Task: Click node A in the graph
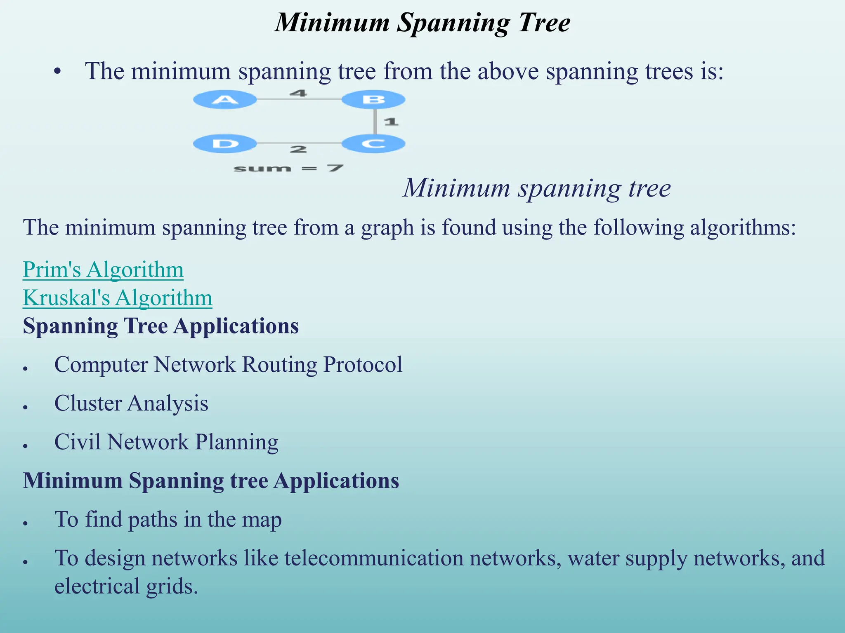click(225, 99)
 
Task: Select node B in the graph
click(373, 100)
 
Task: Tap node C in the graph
click(373, 144)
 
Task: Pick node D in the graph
click(225, 144)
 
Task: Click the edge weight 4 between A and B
click(298, 93)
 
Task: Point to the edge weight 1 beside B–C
click(391, 122)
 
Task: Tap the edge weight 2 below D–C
click(298, 149)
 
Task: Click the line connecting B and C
click(375, 122)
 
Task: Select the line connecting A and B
click(299, 99)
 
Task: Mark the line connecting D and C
click(299, 143)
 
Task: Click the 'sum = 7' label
click(288, 168)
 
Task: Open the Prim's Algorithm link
click(103, 270)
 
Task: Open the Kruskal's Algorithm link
click(118, 298)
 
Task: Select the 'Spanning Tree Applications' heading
click(161, 326)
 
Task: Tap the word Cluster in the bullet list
click(87, 403)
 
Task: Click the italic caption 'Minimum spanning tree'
click(537, 188)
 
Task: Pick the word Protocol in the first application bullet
click(363, 364)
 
